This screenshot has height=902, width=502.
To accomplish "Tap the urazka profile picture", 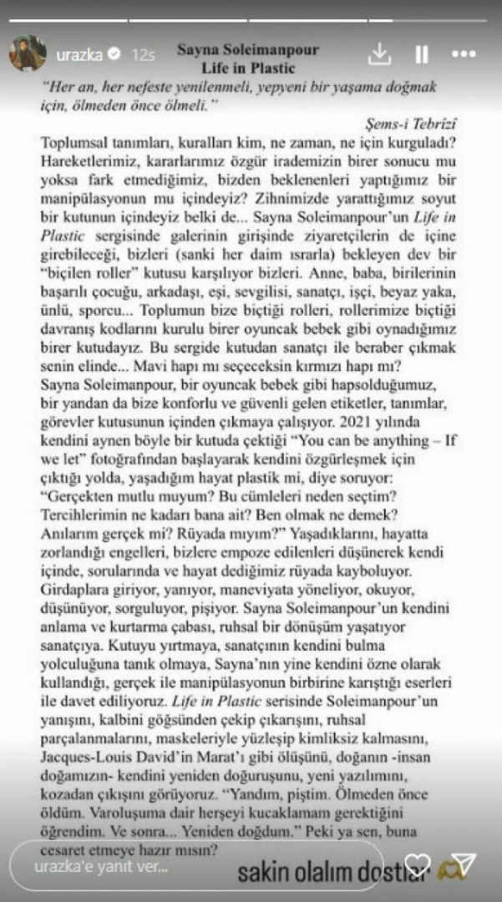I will [28, 54].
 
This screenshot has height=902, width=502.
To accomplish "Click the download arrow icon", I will [380, 53].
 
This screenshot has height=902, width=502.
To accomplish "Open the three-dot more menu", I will [464, 54].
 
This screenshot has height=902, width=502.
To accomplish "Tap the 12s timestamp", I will [144, 55].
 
